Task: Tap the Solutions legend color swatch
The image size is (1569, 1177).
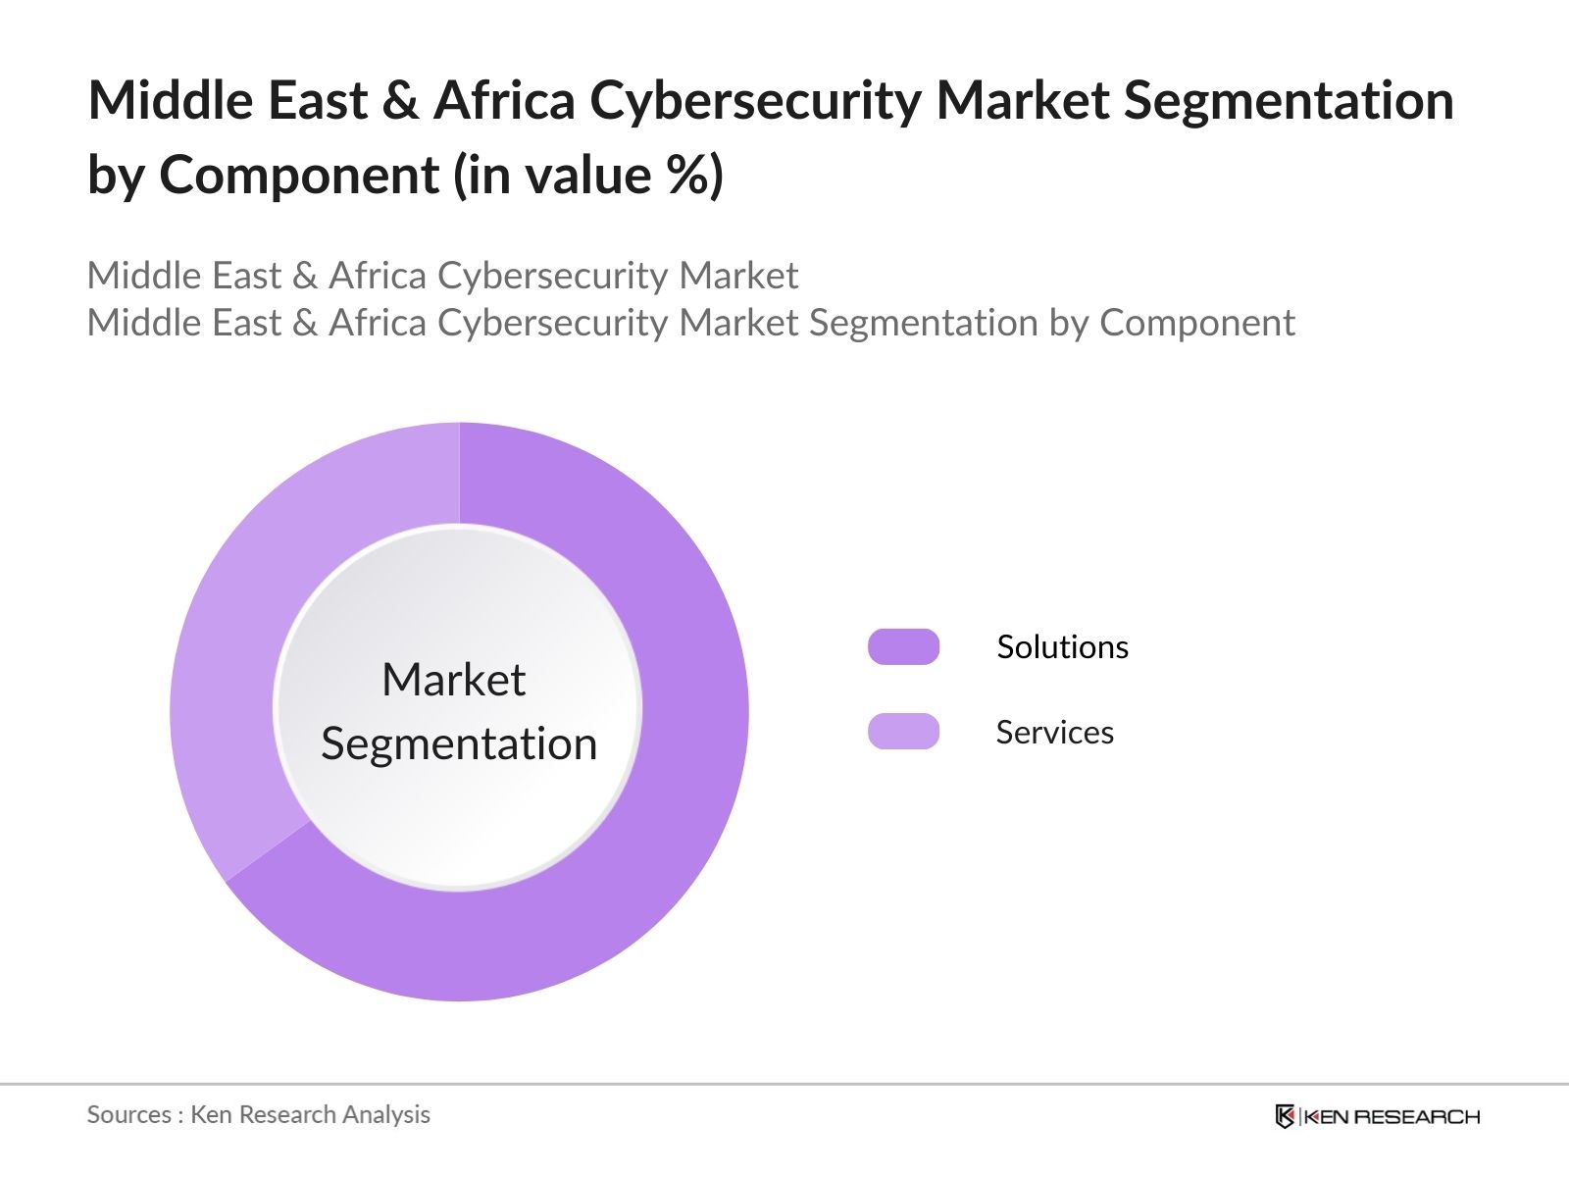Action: (x=903, y=647)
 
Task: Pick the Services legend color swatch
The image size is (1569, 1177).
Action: (x=903, y=732)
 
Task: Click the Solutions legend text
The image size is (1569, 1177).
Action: (x=1062, y=647)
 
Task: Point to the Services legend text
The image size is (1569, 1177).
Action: (x=1054, y=733)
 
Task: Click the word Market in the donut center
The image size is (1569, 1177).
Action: (x=453, y=680)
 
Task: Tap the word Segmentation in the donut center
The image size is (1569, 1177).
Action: (x=459, y=743)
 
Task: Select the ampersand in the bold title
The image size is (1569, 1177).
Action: (x=400, y=101)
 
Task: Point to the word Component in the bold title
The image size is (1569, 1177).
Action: (x=299, y=177)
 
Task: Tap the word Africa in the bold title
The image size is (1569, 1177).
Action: (x=504, y=101)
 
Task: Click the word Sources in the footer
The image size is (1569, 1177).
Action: (x=128, y=1115)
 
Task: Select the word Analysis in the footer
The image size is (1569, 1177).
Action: (x=386, y=1115)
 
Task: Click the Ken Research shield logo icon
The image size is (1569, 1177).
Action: (x=1285, y=1116)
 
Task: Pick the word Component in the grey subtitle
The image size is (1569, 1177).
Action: (x=1196, y=323)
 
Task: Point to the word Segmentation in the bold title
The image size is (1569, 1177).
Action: (x=1288, y=101)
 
